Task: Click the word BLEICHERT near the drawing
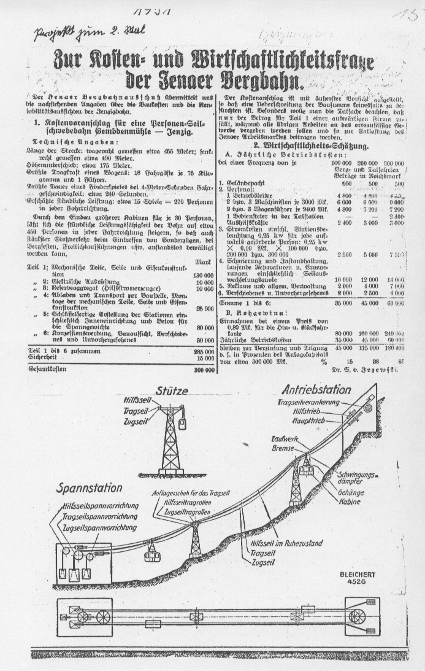358,575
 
